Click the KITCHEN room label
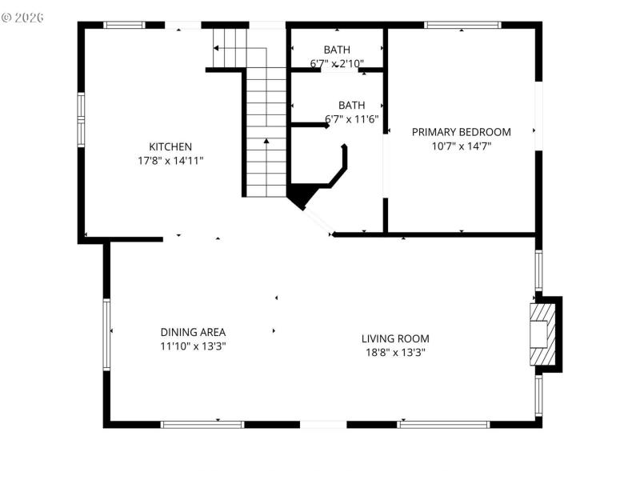click(x=170, y=146)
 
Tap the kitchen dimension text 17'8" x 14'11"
click(x=170, y=160)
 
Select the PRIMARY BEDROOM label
click(x=461, y=132)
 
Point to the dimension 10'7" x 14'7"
click(x=461, y=146)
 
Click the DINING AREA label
click(x=193, y=332)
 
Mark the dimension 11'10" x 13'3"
click(x=193, y=346)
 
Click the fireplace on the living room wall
click(x=544, y=334)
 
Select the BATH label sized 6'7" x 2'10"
click(x=337, y=50)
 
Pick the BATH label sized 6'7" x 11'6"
click(x=351, y=105)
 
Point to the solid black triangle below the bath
click(x=300, y=194)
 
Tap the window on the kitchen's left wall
click(x=81, y=118)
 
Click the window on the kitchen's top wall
click(x=126, y=25)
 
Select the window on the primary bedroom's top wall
click(x=462, y=25)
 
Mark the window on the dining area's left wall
click(x=106, y=334)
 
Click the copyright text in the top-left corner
click(x=23, y=17)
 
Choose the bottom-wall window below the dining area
click(x=202, y=424)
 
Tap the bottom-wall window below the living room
click(x=443, y=424)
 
